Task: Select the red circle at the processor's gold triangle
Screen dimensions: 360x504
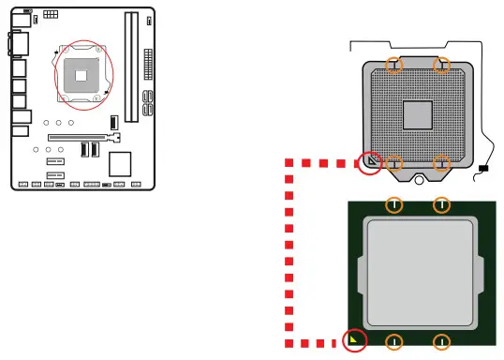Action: pos(355,341)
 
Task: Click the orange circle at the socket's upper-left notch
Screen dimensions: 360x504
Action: pos(396,65)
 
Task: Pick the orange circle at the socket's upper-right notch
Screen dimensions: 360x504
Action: pos(441,65)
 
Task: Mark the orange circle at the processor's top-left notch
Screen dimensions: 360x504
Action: pos(395,204)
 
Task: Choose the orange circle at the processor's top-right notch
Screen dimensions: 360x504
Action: pos(441,204)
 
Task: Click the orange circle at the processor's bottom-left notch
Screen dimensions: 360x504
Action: pos(395,341)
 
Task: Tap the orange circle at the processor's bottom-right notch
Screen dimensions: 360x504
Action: pos(441,341)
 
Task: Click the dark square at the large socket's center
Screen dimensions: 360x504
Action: pos(418,114)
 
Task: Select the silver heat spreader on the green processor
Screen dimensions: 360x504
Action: pos(418,272)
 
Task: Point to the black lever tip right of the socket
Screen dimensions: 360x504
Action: pos(483,170)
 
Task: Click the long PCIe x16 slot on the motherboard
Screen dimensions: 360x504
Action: pos(84,135)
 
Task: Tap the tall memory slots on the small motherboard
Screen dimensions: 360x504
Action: pos(129,56)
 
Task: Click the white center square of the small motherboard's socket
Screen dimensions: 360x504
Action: pos(82,72)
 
